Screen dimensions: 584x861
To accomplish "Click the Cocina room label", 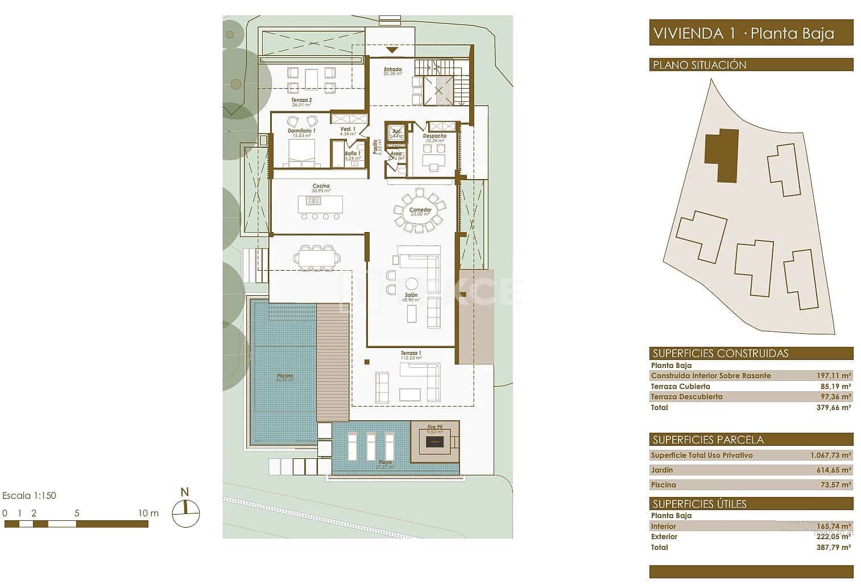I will (x=321, y=186).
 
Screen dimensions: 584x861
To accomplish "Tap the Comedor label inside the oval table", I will (x=420, y=210).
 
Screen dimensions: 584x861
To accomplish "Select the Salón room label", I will (x=411, y=296).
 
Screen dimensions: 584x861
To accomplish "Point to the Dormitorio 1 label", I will (x=301, y=131).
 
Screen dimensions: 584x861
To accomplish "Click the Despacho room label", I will (x=434, y=136).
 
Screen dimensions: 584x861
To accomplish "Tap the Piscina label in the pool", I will (x=285, y=376).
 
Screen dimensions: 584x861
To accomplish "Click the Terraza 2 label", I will (x=301, y=100).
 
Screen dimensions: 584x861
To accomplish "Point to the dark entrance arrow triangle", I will (x=392, y=51).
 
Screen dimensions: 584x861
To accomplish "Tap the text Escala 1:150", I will (x=30, y=495).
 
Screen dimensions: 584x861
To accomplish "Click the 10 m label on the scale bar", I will (x=148, y=513).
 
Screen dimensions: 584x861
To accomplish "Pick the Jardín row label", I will (x=661, y=470).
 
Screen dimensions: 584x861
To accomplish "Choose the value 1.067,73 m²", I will (x=830, y=455).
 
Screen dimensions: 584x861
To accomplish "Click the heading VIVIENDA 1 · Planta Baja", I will (x=744, y=33).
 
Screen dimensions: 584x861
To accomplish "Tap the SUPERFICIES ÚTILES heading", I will (x=699, y=504).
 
